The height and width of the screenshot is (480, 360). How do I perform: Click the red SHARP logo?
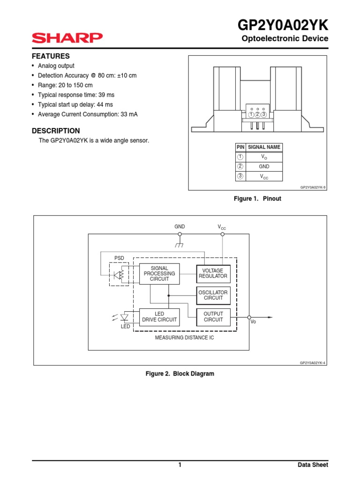pyautogui.click(x=67, y=38)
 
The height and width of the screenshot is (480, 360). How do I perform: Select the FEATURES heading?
pyautogui.click(x=51, y=56)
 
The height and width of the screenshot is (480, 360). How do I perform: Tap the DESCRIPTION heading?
pyautogui.click(x=55, y=131)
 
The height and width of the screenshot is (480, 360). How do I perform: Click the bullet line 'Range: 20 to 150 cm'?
pyautogui.click(x=65, y=85)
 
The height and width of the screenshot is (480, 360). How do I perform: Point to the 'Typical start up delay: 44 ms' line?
pyautogui.click(x=75, y=105)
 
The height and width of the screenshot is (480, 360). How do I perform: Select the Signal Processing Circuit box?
pyautogui.click(x=159, y=274)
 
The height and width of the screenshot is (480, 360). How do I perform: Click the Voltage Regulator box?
pyautogui.click(x=213, y=274)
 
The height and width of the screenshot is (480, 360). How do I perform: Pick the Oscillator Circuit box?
pyautogui.click(x=213, y=295)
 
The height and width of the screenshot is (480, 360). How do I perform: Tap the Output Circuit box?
pyautogui.click(x=213, y=317)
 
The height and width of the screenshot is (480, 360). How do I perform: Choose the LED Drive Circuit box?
pyautogui.click(x=159, y=317)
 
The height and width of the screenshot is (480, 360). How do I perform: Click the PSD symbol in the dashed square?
pyautogui.click(x=119, y=274)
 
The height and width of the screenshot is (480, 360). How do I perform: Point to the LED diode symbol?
pyautogui.click(x=125, y=317)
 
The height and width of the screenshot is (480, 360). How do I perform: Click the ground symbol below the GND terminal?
pyautogui.click(x=179, y=245)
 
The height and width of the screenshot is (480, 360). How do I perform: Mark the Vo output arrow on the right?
pyautogui.click(x=265, y=317)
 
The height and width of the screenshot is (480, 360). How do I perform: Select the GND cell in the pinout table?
pyautogui.click(x=264, y=166)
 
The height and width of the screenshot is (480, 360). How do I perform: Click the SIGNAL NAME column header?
pyautogui.click(x=264, y=147)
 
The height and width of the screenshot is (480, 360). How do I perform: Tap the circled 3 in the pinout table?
pyautogui.click(x=240, y=176)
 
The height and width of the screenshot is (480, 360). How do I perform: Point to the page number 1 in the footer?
pyautogui.click(x=180, y=465)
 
